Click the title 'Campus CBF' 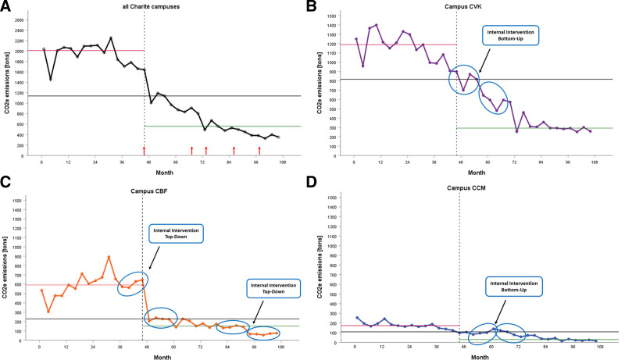tap(160, 189)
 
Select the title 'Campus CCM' tap(473, 189)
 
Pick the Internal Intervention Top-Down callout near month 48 tap(176, 233)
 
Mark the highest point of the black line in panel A tap(110, 37)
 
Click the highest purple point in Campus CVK tap(377, 25)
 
